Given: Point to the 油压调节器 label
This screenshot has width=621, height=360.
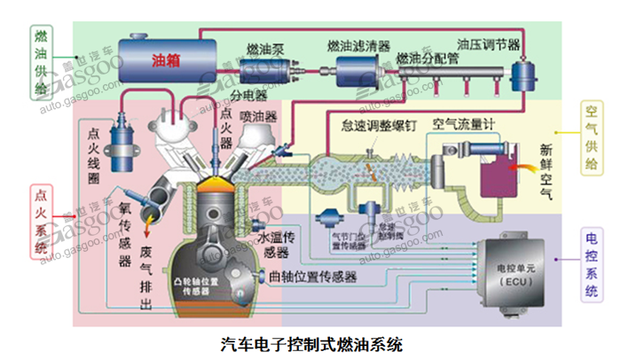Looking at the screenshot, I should [489, 43].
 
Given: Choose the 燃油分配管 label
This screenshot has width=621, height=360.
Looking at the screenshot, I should [428, 59].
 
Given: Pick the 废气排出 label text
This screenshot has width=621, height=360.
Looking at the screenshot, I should [147, 281].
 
